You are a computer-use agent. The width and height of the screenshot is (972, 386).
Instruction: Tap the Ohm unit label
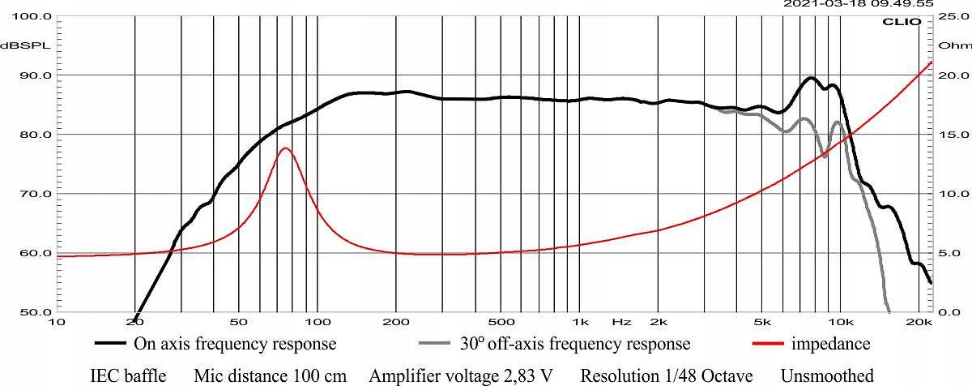(948, 45)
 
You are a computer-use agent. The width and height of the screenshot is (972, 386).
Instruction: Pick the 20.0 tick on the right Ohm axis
(948, 75)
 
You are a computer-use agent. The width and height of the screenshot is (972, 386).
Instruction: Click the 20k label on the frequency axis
(920, 322)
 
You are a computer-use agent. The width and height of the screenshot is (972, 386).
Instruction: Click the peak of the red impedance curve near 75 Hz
(284, 148)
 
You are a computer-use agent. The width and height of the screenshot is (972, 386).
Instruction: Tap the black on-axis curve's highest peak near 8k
(811, 78)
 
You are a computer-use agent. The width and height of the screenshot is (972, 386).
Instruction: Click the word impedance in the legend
(832, 344)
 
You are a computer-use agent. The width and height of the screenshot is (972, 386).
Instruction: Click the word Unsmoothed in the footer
(827, 375)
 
